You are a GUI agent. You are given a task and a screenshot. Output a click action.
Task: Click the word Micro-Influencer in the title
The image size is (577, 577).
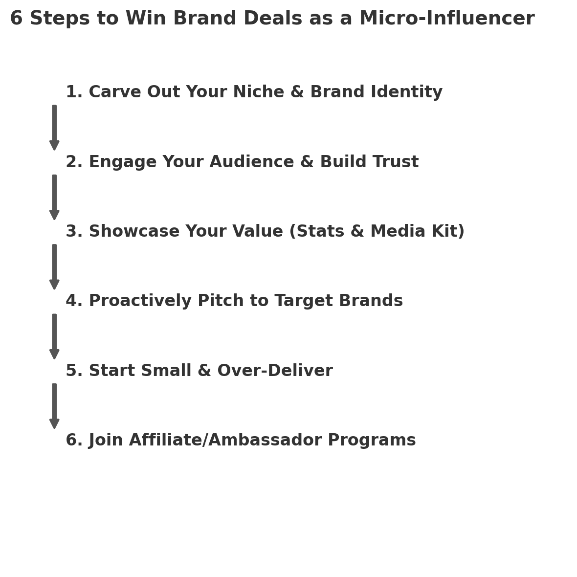[x=446, y=19]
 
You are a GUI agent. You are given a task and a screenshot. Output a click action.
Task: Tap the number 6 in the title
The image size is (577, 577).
[x=16, y=19]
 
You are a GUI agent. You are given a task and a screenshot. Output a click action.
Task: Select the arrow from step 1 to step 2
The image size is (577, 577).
[x=54, y=127]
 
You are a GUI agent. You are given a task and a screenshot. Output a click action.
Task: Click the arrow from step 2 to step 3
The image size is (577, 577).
[x=54, y=197]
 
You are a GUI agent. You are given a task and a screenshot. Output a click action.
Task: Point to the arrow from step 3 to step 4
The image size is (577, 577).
[x=54, y=266]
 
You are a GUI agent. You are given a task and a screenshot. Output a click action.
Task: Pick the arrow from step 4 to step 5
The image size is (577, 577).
[x=54, y=336]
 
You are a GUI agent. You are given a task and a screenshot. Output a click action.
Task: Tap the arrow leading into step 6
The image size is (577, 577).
[x=54, y=406]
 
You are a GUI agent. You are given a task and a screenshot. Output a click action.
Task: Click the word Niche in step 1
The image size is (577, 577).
[x=258, y=92]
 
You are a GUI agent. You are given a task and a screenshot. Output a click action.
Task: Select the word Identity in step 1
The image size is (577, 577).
[x=406, y=92]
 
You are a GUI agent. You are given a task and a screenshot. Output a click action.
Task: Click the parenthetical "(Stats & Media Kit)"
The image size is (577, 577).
[x=377, y=232]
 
